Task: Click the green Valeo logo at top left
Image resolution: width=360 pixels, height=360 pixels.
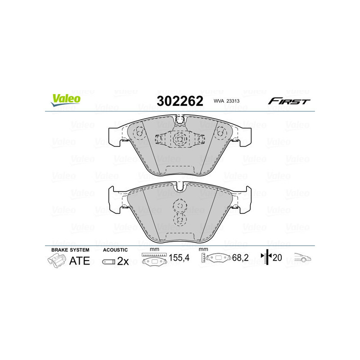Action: (x=66, y=100)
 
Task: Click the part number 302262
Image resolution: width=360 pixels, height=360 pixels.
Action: (x=179, y=101)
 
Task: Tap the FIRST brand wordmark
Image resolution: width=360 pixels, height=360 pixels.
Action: (x=289, y=101)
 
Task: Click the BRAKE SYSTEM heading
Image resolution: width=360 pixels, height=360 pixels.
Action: (x=70, y=250)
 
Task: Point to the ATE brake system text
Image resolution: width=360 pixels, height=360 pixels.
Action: (x=79, y=261)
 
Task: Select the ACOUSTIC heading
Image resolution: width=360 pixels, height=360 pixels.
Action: (x=115, y=250)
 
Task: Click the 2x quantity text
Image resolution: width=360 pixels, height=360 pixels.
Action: (x=123, y=261)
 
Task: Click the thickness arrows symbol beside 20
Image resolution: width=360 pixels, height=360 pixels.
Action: (x=267, y=257)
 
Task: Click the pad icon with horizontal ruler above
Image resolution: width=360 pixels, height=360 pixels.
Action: (x=154, y=260)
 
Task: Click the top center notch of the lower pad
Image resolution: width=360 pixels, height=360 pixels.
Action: (x=180, y=186)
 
